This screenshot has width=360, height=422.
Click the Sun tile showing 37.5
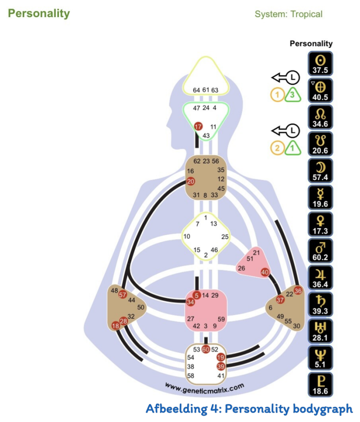point(320,64)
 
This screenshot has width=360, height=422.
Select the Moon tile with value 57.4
point(320,170)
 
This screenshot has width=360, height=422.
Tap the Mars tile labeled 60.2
point(320,250)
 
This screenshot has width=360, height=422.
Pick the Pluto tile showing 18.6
point(320,384)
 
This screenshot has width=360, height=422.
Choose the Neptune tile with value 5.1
point(320,357)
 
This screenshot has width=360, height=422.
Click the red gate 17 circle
point(198,127)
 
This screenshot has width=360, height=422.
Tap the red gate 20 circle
point(190,182)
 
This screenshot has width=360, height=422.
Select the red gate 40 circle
point(265,272)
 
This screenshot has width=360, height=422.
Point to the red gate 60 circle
point(206,349)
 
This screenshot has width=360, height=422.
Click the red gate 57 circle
point(122,295)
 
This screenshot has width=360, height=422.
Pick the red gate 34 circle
point(190,302)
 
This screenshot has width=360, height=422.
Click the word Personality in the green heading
point(39,13)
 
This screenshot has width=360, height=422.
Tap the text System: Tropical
point(288,14)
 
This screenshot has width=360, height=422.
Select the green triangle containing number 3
point(292,95)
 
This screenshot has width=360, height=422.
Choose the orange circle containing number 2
point(277,147)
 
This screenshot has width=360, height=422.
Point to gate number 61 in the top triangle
point(206,90)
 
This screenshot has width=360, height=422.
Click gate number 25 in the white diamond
point(225,236)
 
